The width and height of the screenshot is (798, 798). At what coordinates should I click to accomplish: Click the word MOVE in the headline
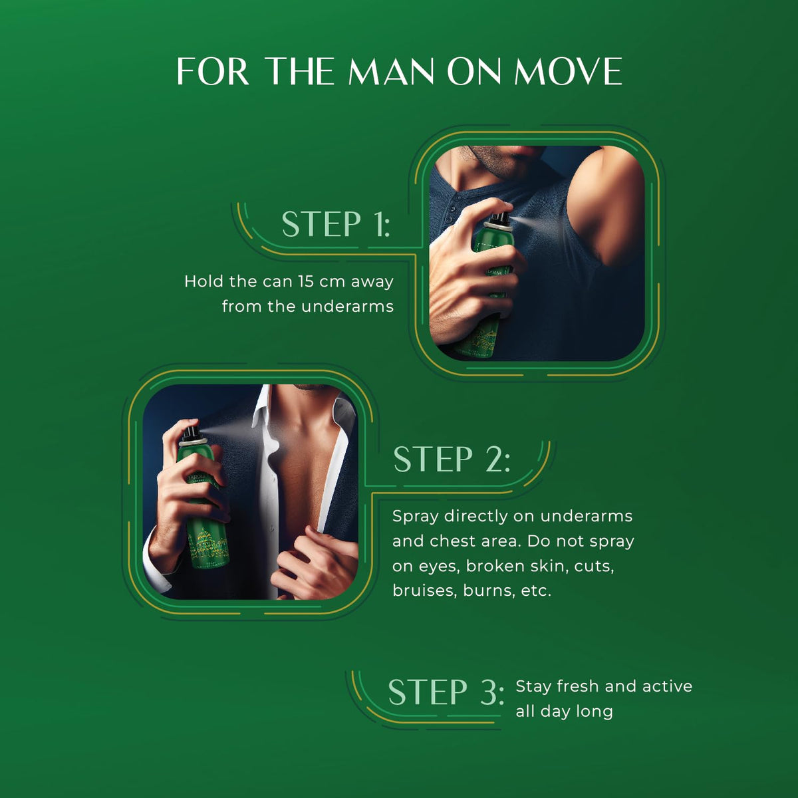tap(568, 71)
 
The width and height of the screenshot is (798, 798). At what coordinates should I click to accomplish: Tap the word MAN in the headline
tap(391, 71)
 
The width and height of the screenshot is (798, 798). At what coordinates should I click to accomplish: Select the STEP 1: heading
tap(336, 224)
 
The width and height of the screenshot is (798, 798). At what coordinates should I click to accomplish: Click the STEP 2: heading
tap(452, 459)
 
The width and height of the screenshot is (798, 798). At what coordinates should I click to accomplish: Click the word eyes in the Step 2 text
tap(440, 567)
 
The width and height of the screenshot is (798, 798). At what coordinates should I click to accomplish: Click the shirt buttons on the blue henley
tap(453, 213)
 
